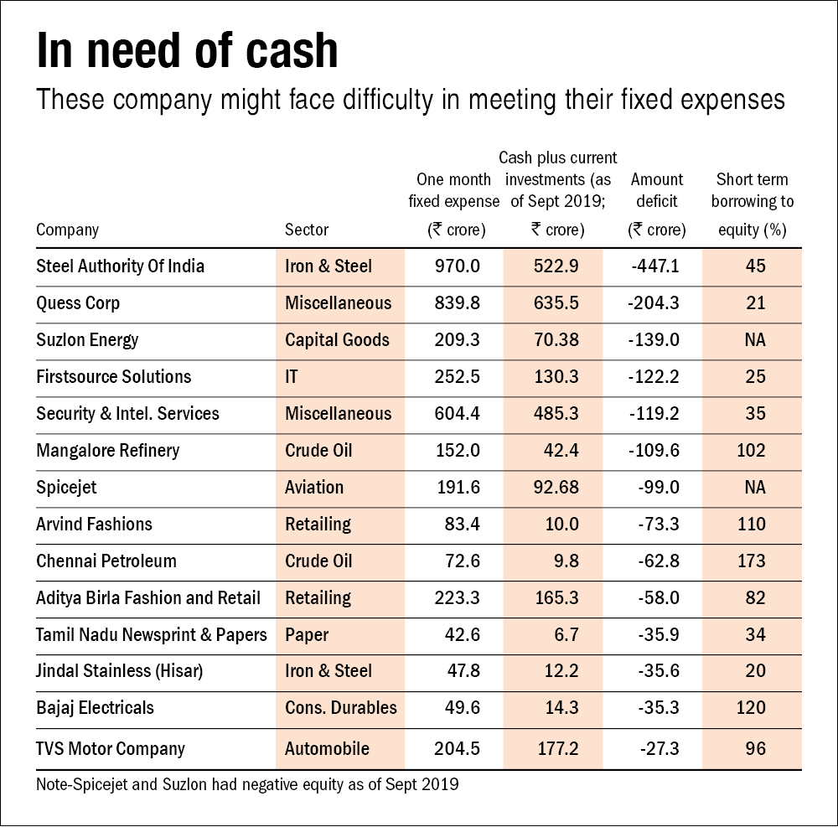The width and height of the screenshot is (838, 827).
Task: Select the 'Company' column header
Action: [68, 230]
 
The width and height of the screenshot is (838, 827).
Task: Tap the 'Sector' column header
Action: [307, 230]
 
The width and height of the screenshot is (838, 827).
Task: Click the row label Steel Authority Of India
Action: [121, 266]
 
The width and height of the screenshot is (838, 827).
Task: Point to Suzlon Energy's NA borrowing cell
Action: [755, 340]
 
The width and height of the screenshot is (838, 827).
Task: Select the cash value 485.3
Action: [556, 414]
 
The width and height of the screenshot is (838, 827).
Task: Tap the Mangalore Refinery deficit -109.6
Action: [654, 451]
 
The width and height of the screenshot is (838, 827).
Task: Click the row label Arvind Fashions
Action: [95, 525]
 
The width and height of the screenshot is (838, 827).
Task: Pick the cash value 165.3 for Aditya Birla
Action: [556, 598]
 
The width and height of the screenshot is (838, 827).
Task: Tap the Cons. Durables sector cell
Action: [340, 708]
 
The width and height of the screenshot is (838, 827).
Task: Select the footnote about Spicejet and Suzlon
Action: [248, 786]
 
